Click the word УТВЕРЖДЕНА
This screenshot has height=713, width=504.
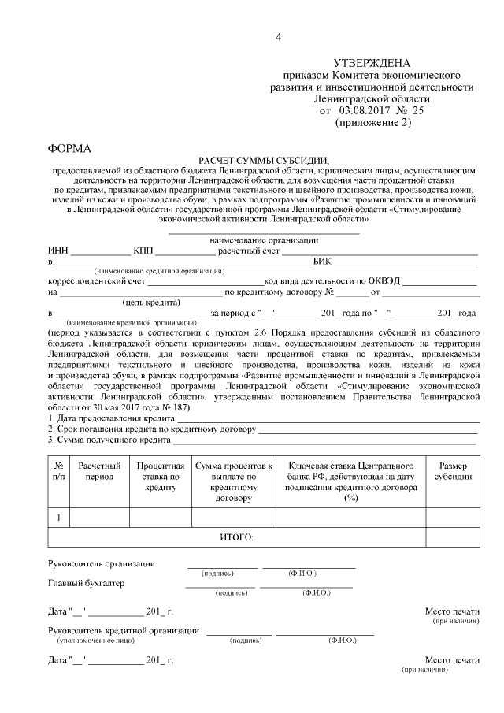(x=372, y=62)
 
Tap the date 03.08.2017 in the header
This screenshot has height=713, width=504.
(x=365, y=112)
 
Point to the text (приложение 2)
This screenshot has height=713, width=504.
(x=372, y=124)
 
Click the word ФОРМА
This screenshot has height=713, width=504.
(x=69, y=148)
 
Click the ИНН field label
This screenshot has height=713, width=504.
(x=57, y=251)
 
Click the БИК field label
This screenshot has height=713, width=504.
(x=322, y=261)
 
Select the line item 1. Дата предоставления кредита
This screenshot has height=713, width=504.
(x=100, y=418)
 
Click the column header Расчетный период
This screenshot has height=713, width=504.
(x=99, y=471)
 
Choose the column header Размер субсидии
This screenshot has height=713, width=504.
(x=453, y=471)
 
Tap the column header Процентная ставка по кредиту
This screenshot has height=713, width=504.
(x=160, y=477)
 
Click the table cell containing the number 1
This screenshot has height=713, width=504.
(x=59, y=517)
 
